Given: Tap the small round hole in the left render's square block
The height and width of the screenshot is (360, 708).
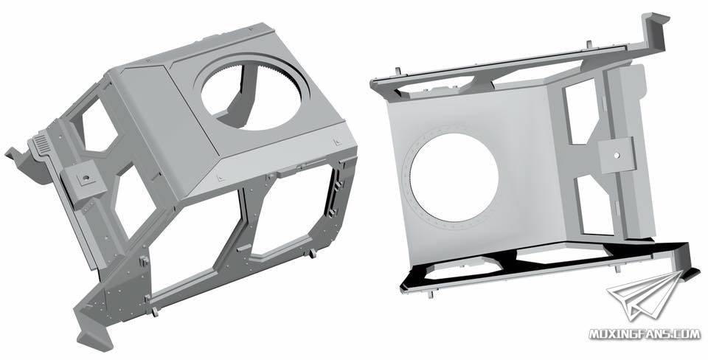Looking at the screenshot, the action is pyautogui.click(x=84, y=178).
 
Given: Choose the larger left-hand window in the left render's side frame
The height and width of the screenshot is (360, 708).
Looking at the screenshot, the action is pyautogui.click(x=194, y=244).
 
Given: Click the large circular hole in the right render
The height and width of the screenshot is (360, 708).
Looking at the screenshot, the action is pyautogui.click(x=454, y=177).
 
